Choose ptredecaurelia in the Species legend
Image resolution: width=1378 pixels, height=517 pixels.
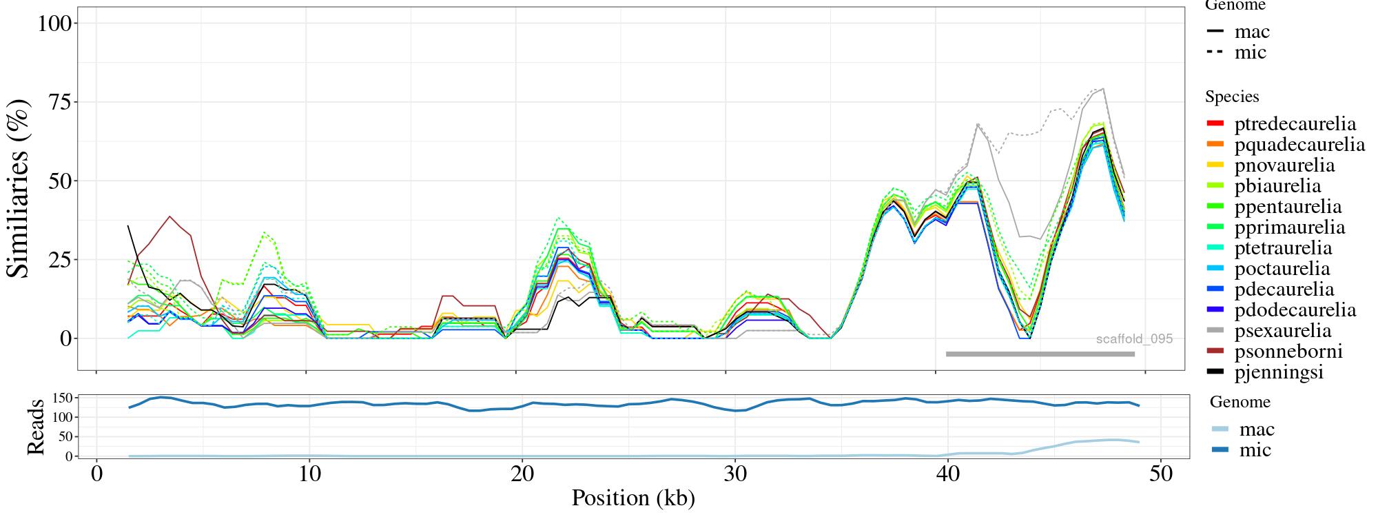point(1295,124)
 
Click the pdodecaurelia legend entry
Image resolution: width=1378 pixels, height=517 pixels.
point(1295,310)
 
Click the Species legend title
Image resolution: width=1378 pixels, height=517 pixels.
point(1232,97)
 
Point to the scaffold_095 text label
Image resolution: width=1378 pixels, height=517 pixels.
point(1134,339)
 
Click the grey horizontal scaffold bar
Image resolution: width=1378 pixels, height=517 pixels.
point(1040,354)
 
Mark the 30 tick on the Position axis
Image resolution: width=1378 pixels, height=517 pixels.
point(735,475)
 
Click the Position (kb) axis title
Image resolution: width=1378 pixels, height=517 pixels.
point(633,498)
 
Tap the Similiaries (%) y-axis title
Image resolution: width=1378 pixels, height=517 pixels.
point(19,187)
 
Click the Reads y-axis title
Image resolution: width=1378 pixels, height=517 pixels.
point(34,427)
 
